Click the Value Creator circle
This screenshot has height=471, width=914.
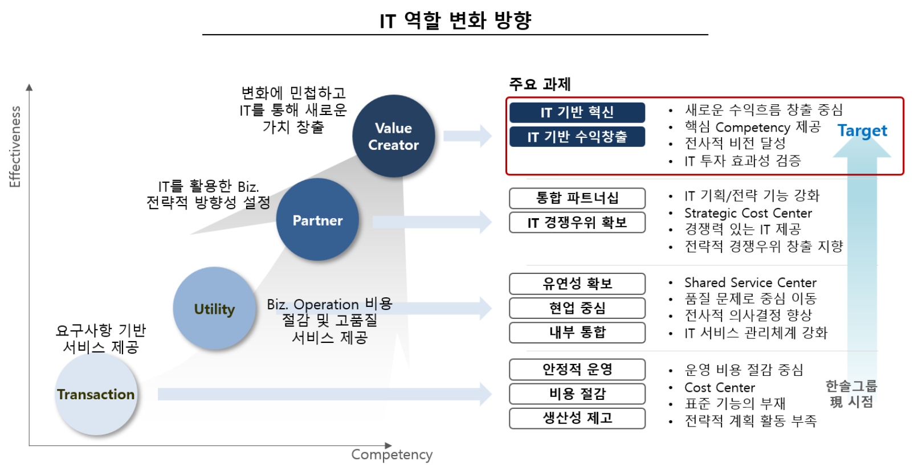pos(393,136)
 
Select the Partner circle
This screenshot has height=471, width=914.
pos(317,220)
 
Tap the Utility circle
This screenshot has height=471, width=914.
pos(214,309)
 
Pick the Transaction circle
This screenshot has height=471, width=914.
pos(96,394)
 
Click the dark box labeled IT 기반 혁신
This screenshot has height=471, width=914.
pos(577,112)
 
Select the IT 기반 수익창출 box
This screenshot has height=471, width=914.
pos(577,137)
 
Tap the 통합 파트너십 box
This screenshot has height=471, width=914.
pos(577,198)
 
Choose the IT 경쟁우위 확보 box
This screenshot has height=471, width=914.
pos(577,223)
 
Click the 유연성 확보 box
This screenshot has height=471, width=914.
pos(577,284)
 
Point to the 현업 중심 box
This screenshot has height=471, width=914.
pos(577,308)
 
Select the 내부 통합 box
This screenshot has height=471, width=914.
pos(577,333)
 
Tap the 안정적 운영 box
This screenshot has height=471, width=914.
pos(577,370)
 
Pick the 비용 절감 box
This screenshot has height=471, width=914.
pos(577,394)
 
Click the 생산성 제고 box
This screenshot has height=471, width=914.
pos(577,419)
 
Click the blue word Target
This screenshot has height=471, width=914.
pos(862,131)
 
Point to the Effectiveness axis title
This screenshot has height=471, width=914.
pos(15,146)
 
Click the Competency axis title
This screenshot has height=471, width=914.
pos(391,454)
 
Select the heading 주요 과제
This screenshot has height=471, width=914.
pos(539,84)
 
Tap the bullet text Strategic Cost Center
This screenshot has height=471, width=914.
pos(748,213)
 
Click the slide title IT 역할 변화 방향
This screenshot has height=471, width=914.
pos(455,21)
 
